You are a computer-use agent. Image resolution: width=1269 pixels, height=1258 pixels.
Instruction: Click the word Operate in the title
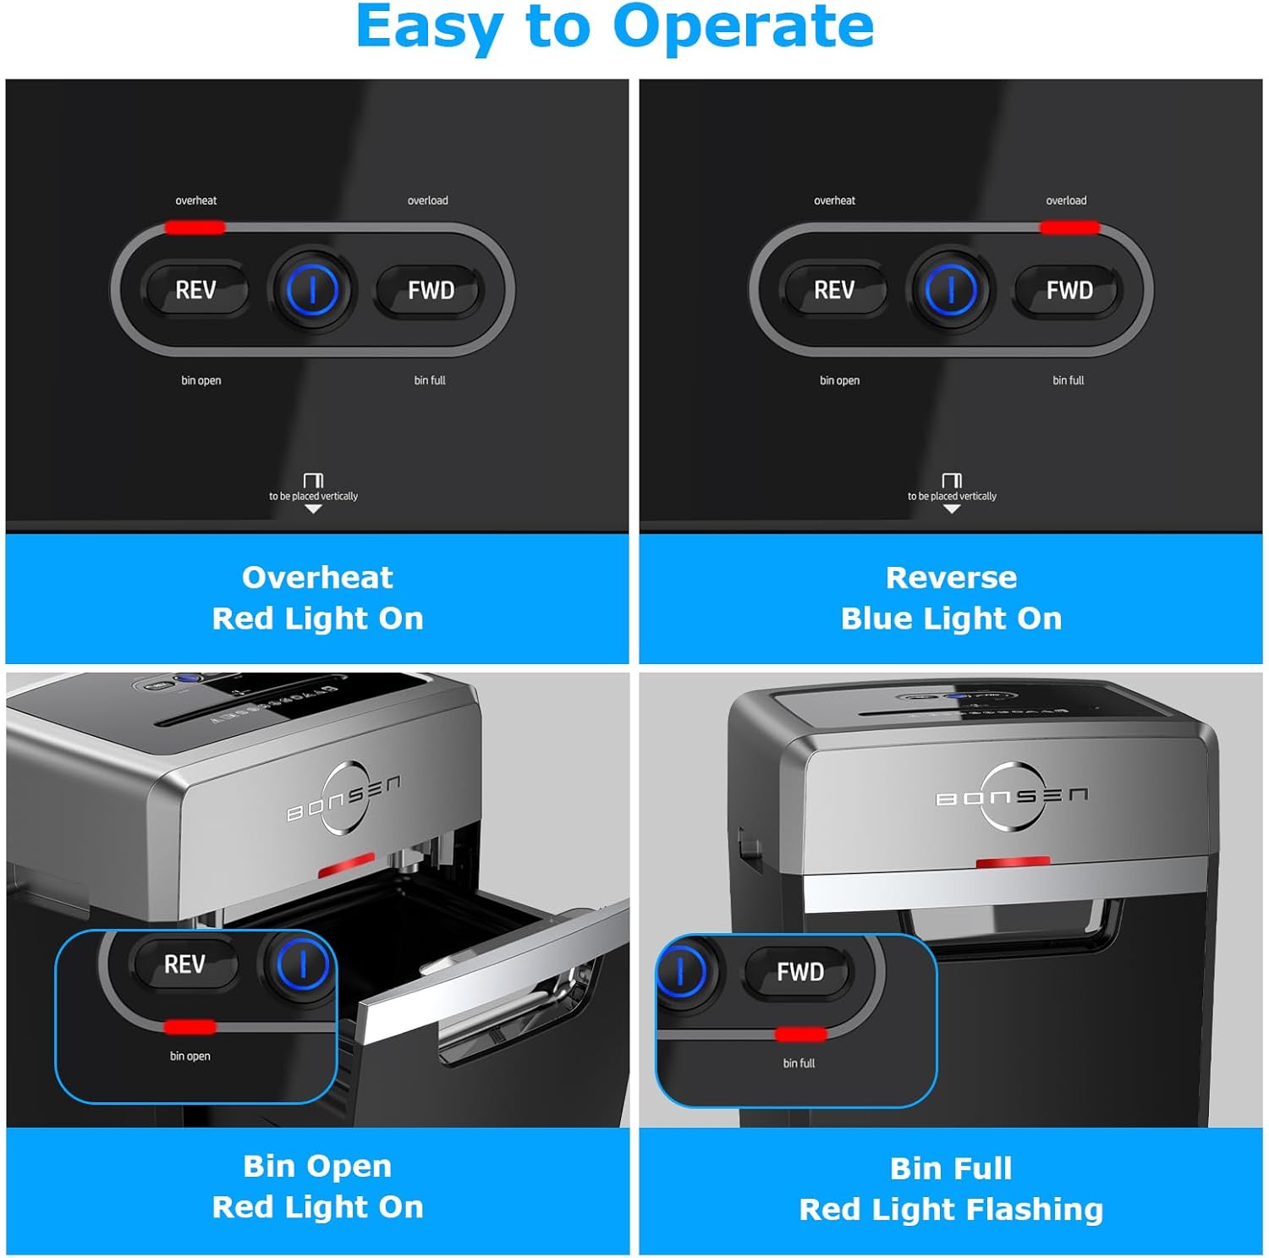[x=743, y=27]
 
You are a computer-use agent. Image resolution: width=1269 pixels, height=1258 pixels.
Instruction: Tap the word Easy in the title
[x=429, y=27]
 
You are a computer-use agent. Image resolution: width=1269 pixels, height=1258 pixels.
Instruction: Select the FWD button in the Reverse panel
[x=1069, y=290]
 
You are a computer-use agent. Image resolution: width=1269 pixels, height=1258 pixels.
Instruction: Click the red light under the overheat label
[x=195, y=227]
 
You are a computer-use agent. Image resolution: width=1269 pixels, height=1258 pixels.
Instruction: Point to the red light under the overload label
[x=1069, y=227]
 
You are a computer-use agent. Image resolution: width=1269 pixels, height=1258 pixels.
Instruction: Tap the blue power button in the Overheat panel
[x=312, y=290]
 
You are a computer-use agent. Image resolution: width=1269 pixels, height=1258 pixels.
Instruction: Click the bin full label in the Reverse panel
[x=1068, y=381]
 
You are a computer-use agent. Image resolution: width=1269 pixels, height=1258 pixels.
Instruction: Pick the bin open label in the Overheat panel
[x=201, y=381]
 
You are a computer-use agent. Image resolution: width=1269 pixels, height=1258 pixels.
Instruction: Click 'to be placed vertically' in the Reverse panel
[x=952, y=496]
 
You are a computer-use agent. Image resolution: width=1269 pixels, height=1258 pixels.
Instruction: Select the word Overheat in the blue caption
[x=317, y=577]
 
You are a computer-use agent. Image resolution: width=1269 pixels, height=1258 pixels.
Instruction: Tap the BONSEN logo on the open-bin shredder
[x=343, y=798]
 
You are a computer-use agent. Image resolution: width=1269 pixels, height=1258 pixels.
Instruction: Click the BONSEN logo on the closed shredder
[x=1012, y=796]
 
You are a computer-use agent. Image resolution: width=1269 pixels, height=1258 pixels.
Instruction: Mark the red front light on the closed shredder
[x=1013, y=862]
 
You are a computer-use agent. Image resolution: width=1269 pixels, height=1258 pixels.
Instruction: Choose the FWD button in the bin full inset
[x=799, y=972]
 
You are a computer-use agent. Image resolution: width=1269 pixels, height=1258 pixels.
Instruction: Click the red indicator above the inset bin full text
[x=800, y=1034]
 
